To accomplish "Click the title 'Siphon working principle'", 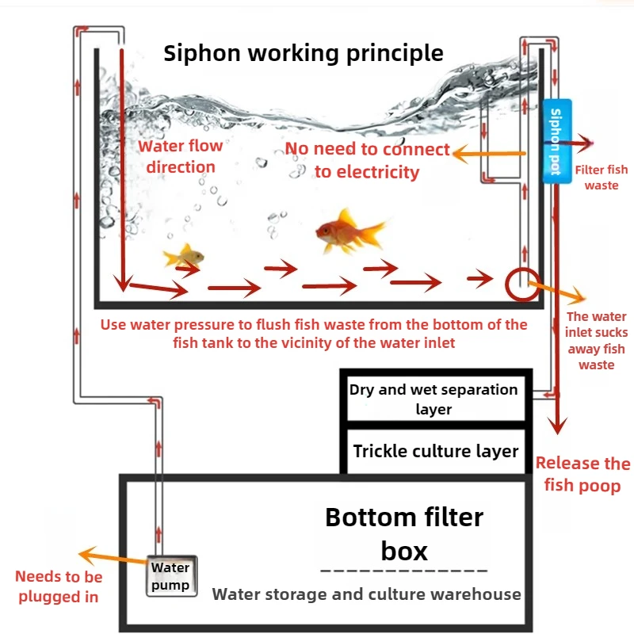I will [x=304, y=53].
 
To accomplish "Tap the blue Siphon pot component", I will [x=557, y=141].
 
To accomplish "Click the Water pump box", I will [x=171, y=576].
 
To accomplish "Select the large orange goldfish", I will [x=347, y=231].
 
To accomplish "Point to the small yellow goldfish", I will [x=184, y=255].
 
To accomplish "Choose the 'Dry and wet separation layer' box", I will [x=433, y=399].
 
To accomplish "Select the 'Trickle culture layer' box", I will [x=435, y=451].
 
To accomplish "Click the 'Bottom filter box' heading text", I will [x=404, y=533].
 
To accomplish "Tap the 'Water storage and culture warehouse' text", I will [x=366, y=594].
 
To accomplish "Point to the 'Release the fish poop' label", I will [x=582, y=474].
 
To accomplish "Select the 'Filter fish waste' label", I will [x=601, y=178].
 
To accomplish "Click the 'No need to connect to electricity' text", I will [x=367, y=160].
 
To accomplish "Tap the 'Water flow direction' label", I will [x=181, y=156].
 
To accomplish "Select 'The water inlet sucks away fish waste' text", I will [x=597, y=341].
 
